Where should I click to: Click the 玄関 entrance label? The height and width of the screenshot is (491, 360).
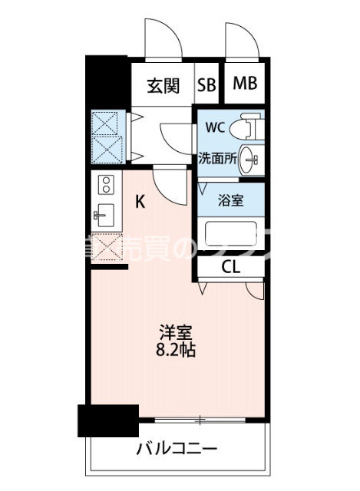pos(163,85)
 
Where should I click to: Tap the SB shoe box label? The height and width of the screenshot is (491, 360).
pos(206,85)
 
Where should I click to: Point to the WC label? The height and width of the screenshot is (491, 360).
pos(215,127)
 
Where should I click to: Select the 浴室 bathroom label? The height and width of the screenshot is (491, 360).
pos(231,201)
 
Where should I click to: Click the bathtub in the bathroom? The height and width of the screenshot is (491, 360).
pos(230,233)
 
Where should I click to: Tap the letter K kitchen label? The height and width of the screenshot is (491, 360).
pos(140,203)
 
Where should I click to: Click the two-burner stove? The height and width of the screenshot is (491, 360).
pos(105,185)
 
